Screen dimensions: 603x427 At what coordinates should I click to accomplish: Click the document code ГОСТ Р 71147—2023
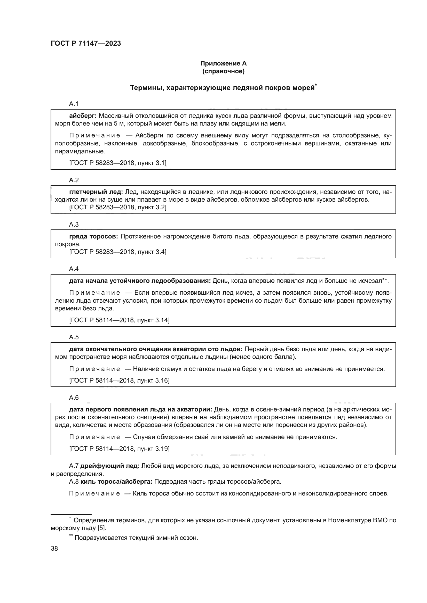pos(86,43)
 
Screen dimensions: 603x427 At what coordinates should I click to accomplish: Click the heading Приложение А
pos(223,63)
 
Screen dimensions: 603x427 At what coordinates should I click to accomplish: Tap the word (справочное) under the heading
pos(223,71)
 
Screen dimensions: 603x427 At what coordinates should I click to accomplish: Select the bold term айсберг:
pos(83,116)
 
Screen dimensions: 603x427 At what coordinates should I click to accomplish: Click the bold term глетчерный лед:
pos(96,192)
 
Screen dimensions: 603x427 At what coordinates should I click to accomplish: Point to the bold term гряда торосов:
pos(94,236)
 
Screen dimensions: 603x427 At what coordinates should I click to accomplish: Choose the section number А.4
pos(74,269)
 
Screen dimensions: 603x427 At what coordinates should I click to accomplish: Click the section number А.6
pos(74,398)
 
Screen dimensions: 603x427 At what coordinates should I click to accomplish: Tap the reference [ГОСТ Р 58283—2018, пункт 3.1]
pos(118,163)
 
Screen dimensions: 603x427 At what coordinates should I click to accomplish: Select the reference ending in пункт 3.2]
pos(118,207)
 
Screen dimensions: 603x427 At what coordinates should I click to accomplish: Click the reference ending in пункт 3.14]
pos(119,320)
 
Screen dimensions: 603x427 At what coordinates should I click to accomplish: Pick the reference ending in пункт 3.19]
pos(119,449)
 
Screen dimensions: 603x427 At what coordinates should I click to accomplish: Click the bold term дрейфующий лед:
pos(110,466)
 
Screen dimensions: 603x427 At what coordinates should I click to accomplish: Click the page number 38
pos(54,548)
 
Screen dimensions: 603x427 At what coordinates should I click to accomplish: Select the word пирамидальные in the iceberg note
pos(80,151)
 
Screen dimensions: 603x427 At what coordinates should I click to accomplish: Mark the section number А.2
pos(74,180)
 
